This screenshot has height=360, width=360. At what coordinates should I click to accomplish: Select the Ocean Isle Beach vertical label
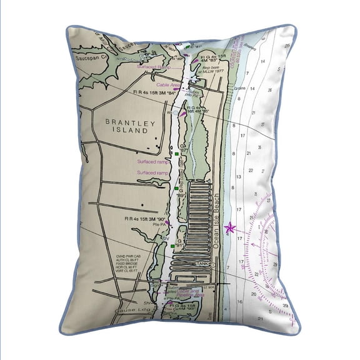[219, 222]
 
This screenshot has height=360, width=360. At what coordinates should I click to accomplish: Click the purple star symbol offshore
[229, 227]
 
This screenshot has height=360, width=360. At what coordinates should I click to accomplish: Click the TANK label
[201, 264]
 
